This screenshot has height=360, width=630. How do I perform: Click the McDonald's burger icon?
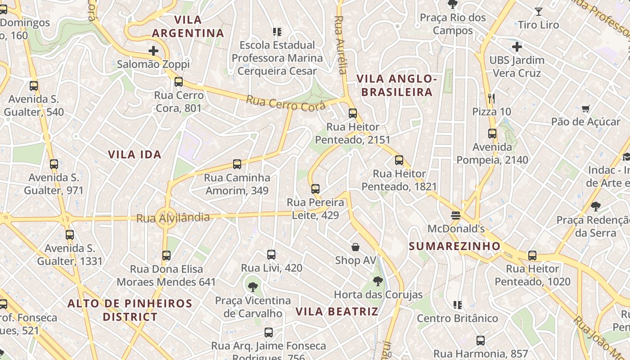[x=456, y=215]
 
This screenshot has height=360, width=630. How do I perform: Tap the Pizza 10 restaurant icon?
[x=491, y=98]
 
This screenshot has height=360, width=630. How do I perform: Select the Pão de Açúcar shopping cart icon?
[x=585, y=108]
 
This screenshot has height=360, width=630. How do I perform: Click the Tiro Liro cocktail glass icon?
[x=538, y=12]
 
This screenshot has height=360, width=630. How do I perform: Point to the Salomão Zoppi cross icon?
[x=153, y=50]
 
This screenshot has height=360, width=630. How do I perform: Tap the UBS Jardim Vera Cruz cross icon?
[x=517, y=46]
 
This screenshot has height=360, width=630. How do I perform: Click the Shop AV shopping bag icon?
[x=355, y=247]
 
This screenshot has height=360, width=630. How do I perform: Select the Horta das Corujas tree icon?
[x=378, y=282]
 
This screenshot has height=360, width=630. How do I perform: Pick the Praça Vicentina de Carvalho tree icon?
[x=253, y=287]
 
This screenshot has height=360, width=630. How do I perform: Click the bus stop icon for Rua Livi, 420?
[x=271, y=255]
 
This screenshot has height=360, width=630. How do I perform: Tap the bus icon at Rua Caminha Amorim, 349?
[x=237, y=164]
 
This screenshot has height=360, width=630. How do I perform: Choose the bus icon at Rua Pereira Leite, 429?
[x=315, y=189]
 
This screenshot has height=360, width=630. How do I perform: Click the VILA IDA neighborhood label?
[x=135, y=154]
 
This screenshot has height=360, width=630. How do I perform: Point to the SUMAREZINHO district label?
[x=454, y=246]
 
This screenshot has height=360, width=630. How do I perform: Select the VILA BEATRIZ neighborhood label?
[x=337, y=311]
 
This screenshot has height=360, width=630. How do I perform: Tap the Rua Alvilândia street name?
[x=173, y=218]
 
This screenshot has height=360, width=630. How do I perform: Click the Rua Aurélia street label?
[x=341, y=45]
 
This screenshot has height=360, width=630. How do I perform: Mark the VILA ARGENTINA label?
[x=188, y=26]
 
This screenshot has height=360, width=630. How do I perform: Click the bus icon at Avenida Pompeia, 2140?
[x=492, y=134]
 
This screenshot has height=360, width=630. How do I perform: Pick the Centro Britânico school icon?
[x=458, y=305]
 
